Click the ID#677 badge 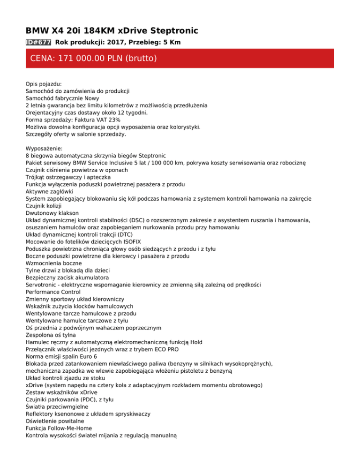[x=38, y=42]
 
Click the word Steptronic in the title [x=171, y=31]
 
